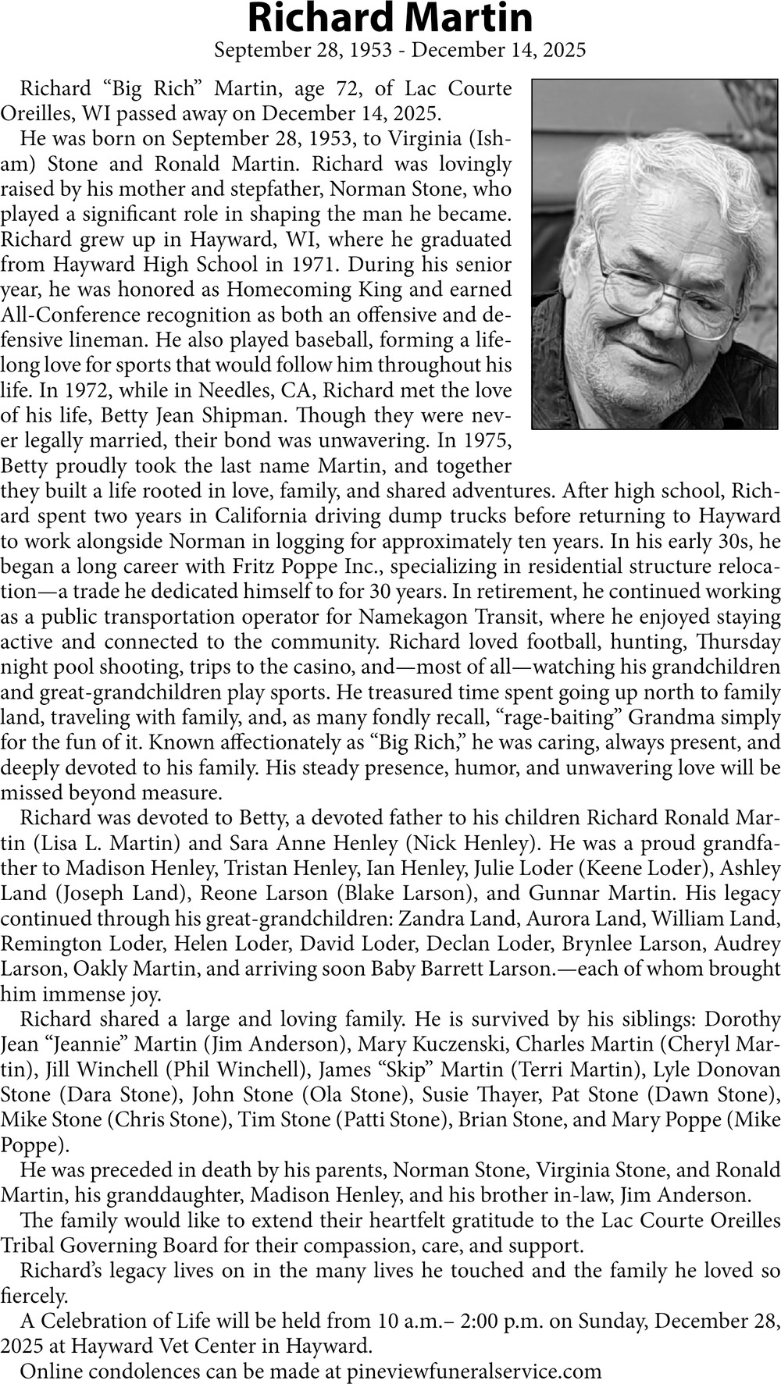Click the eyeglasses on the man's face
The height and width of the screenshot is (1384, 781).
pyautogui.click(x=664, y=289)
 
